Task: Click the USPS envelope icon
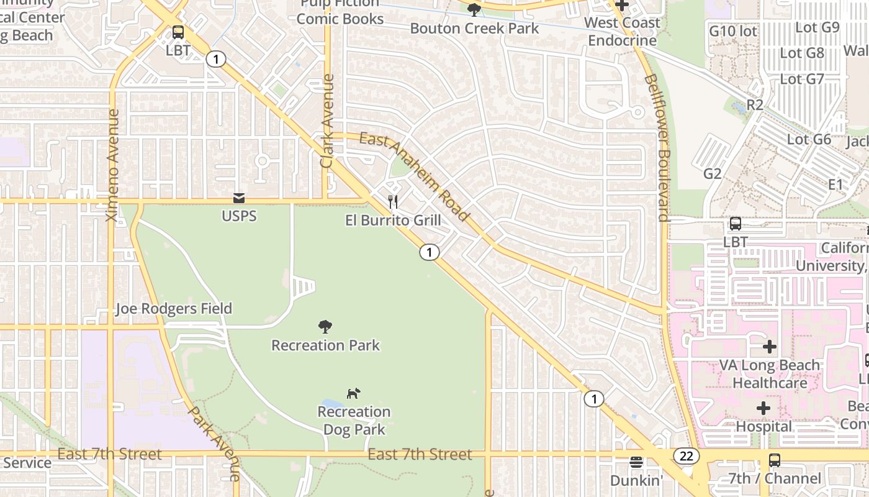[x=239, y=198]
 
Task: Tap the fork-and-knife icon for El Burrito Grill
[x=393, y=201]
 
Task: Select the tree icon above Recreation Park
[x=325, y=327]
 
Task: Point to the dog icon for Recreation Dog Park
[x=353, y=393]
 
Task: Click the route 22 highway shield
[x=686, y=457]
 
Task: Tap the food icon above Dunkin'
[x=636, y=462]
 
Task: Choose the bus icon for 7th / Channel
[x=774, y=460]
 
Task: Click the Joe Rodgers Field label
[x=174, y=309]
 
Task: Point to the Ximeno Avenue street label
[x=113, y=165]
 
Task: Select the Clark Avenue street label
[x=327, y=121]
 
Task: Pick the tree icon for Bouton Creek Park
[x=474, y=9]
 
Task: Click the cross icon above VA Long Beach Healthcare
[x=770, y=347]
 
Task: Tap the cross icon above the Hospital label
[x=763, y=408]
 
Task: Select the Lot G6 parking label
[x=809, y=139]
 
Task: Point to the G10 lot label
[x=733, y=30]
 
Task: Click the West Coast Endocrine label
[x=622, y=32]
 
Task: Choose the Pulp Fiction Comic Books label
[x=340, y=11]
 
